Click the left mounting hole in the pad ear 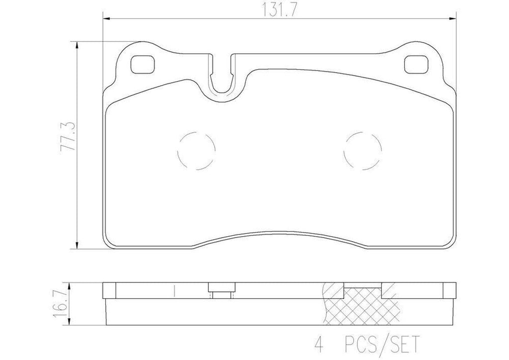[x=142, y=65]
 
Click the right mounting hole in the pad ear [x=416, y=65]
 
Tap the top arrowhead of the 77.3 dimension [x=77, y=45]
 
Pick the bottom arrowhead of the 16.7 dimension [x=72, y=318]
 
